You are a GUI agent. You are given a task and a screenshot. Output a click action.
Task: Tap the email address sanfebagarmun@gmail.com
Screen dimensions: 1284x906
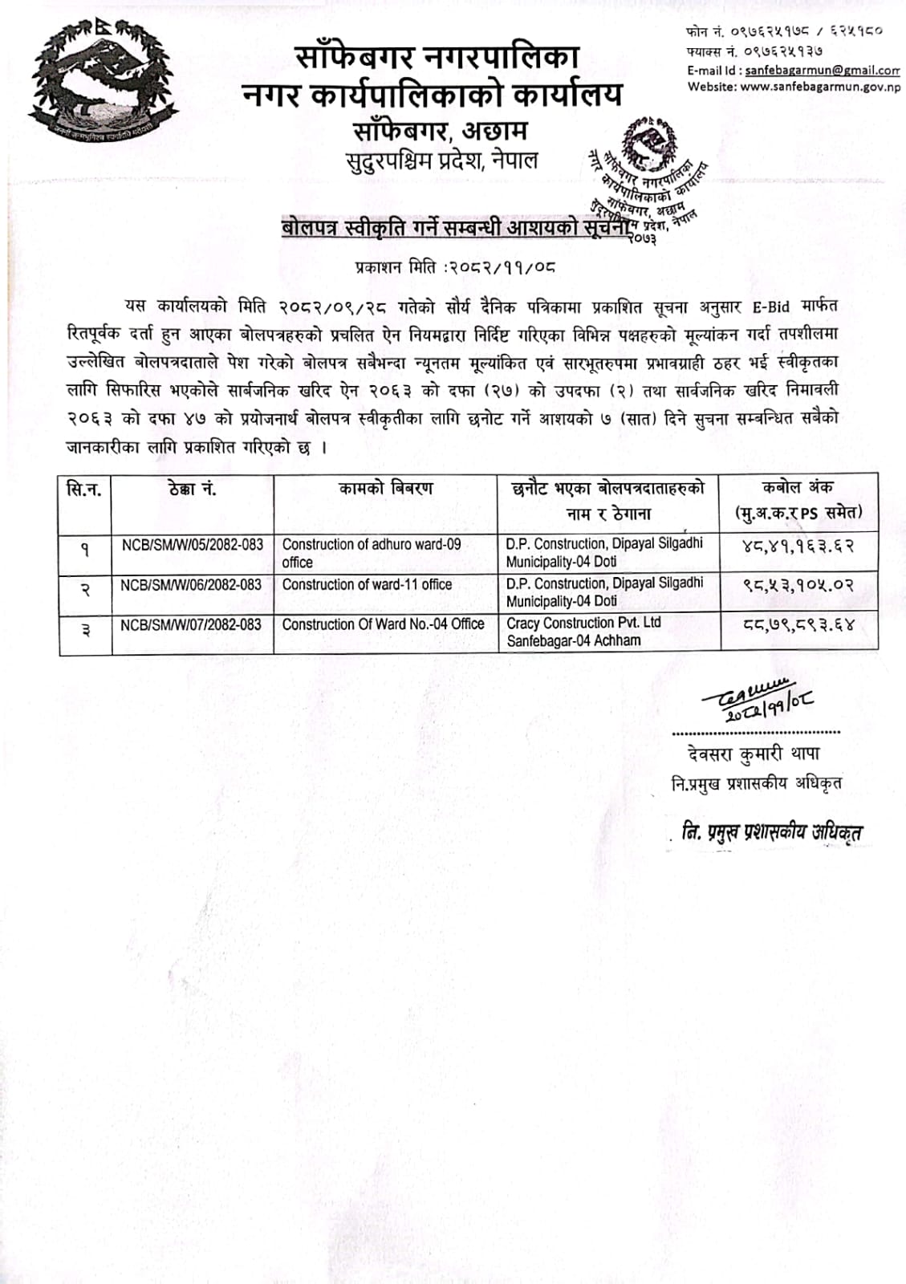point(822,71)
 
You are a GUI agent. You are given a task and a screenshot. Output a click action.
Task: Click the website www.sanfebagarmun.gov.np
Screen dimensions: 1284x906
point(819,87)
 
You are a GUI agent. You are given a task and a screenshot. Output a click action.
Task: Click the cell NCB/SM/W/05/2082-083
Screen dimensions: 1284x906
point(193,545)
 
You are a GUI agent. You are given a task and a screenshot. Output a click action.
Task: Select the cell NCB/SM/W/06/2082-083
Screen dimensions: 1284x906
point(191,585)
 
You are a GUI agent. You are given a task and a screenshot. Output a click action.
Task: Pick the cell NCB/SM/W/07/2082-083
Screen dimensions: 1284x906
point(191,624)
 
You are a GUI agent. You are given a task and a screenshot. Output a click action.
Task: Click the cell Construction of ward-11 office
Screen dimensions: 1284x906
point(367,585)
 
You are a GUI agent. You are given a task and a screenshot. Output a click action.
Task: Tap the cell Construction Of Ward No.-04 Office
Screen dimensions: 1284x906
point(383,624)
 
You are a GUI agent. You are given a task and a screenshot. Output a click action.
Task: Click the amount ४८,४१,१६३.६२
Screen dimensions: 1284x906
point(798,547)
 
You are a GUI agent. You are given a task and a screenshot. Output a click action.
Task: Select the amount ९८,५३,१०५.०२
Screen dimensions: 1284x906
point(798,587)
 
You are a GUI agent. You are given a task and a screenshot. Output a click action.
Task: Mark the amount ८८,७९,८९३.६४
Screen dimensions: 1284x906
point(798,628)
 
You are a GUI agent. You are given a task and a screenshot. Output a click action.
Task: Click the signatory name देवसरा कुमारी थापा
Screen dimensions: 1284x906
point(753,754)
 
